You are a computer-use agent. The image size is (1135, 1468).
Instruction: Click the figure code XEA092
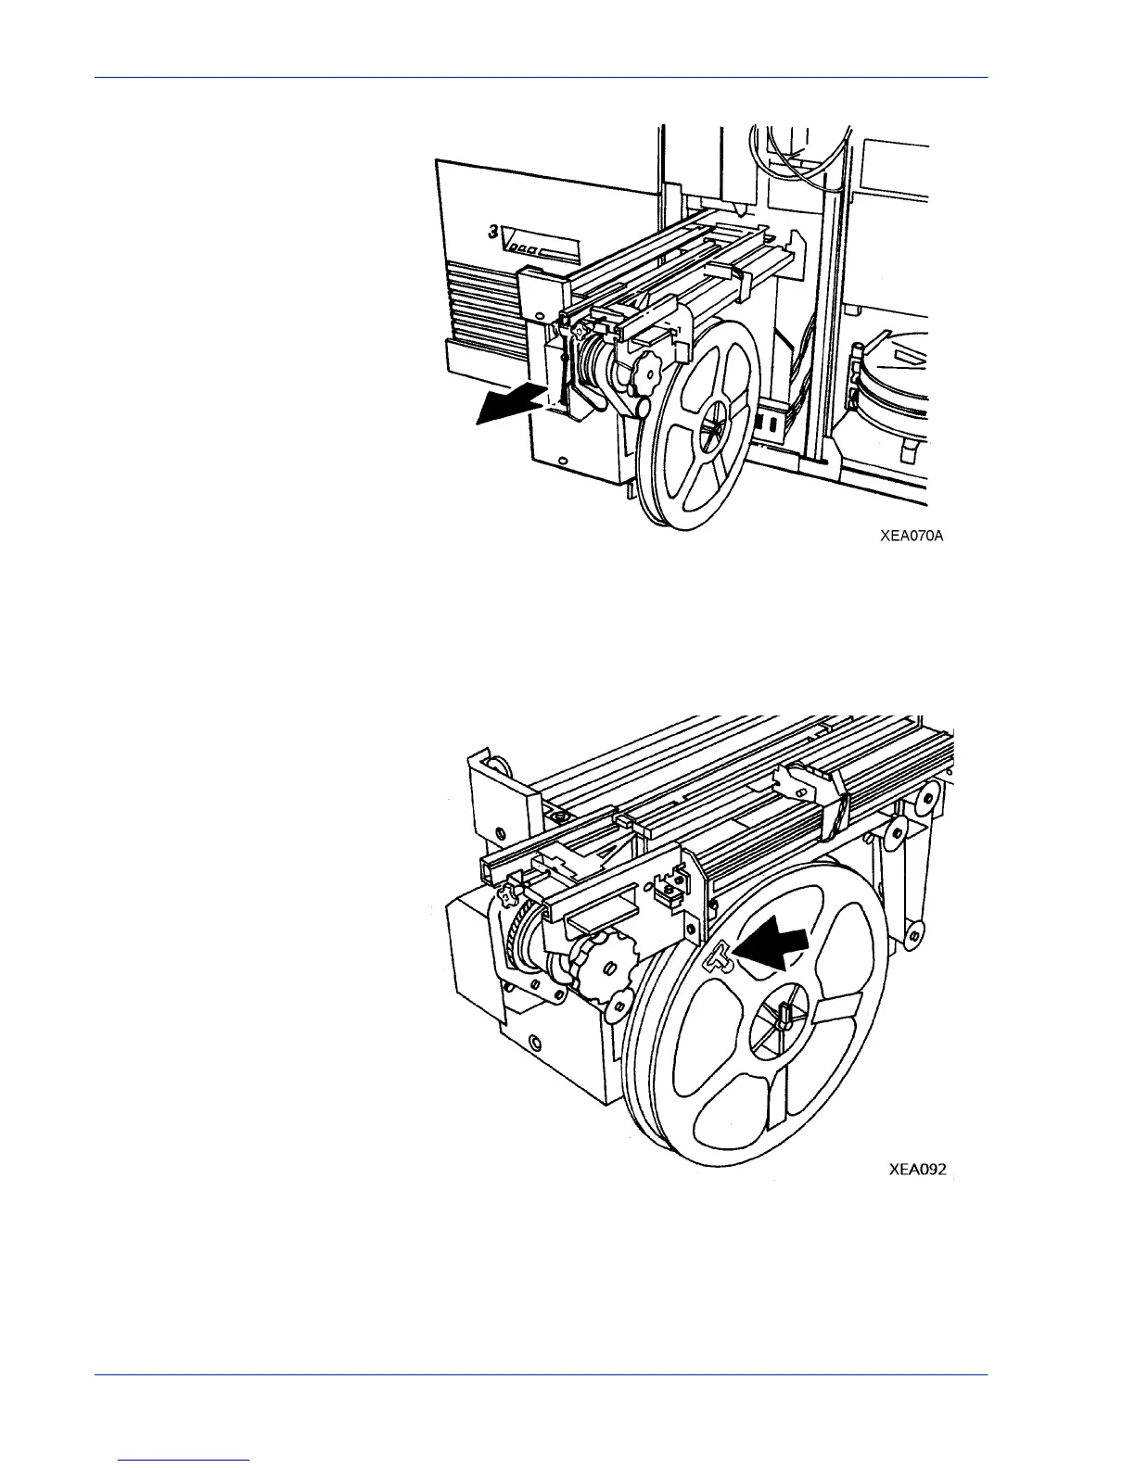click(918, 1170)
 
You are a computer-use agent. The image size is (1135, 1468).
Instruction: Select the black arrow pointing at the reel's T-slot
click(772, 948)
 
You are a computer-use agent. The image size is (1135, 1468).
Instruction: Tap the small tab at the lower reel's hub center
click(784, 1014)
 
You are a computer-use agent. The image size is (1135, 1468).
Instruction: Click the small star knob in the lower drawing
click(506, 895)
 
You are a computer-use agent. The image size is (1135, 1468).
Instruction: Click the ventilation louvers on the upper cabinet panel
click(484, 300)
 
